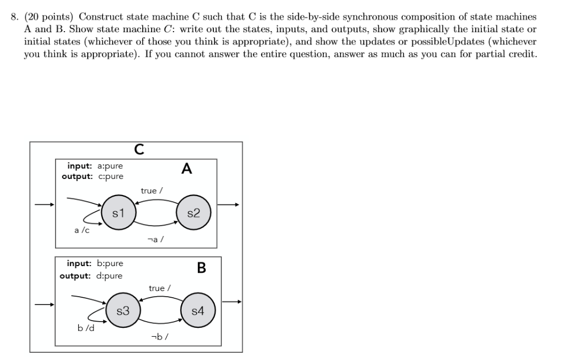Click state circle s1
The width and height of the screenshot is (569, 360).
click(x=117, y=212)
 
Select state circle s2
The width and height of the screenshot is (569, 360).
click(x=193, y=213)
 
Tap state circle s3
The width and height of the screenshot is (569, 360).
click(x=122, y=311)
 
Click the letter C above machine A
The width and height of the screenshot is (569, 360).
click(x=139, y=148)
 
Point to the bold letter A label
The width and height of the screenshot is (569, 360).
click(x=187, y=169)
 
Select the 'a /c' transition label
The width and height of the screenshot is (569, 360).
click(x=82, y=229)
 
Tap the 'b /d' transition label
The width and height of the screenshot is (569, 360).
click(x=86, y=328)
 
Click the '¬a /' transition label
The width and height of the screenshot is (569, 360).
click(x=155, y=239)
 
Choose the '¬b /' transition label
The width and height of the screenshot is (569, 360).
click(x=159, y=337)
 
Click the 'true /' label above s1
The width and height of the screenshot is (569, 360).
click(x=152, y=191)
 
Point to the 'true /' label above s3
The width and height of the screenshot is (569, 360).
click(x=160, y=288)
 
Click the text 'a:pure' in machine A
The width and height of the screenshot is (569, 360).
click(x=110, y=166)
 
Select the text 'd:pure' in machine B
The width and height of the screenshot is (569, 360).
click(x=109, y=276)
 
